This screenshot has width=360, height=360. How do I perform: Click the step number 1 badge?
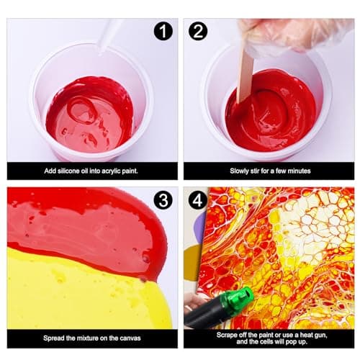click(163, 31)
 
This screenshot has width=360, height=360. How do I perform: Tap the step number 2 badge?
click(198, 31)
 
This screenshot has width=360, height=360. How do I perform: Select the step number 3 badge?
click(163, 199)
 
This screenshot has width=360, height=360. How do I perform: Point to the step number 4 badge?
click(198, 199)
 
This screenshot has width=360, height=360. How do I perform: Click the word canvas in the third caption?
click(130, 338)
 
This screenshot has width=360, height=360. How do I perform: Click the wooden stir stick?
click(245, 76)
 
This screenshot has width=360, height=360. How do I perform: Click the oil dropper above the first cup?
click(110, 36)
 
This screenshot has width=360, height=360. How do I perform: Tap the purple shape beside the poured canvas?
click(202, 228)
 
